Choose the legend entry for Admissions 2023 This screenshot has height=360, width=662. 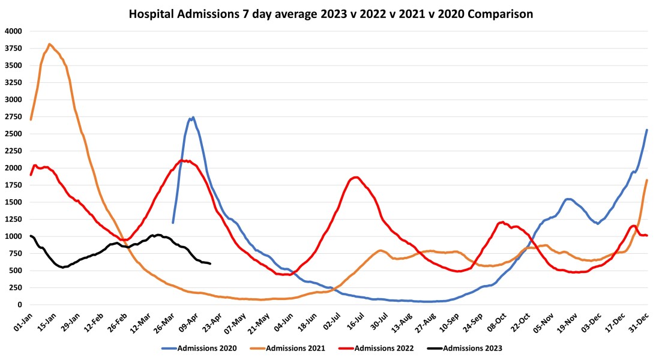[x=472, y=347]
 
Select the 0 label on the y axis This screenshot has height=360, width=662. [x=19, y=305]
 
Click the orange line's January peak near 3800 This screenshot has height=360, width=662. [x=49, y=44]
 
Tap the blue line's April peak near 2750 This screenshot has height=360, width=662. [x=192, y=118]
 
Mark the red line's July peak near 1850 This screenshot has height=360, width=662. [x=356, y=177]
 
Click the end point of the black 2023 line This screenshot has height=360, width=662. [x=210, y=264]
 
